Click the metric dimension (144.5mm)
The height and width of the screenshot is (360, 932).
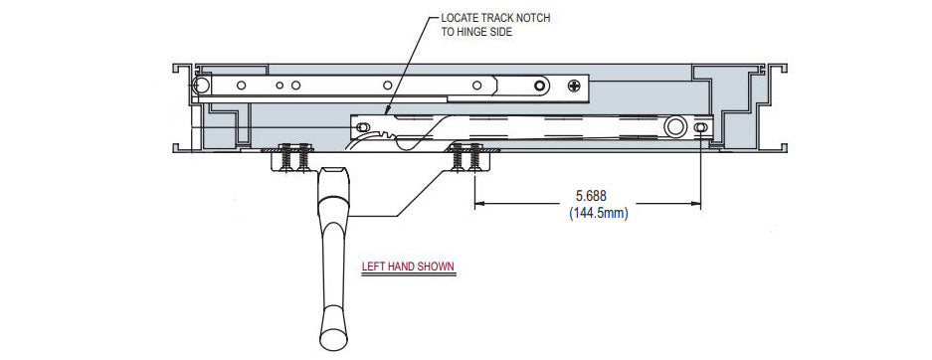(x=598, y=212)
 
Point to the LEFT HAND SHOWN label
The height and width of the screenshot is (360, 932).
(x=409, y=267)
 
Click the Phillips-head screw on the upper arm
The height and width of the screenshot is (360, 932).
(x=575, y=86)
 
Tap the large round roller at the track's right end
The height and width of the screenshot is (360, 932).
(x=675, y=127)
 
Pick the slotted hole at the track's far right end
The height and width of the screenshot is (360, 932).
(x=702, y=127)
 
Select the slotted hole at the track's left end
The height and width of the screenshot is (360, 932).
(x=363, y=127)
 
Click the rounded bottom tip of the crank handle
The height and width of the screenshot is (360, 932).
(x=331, y=343)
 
